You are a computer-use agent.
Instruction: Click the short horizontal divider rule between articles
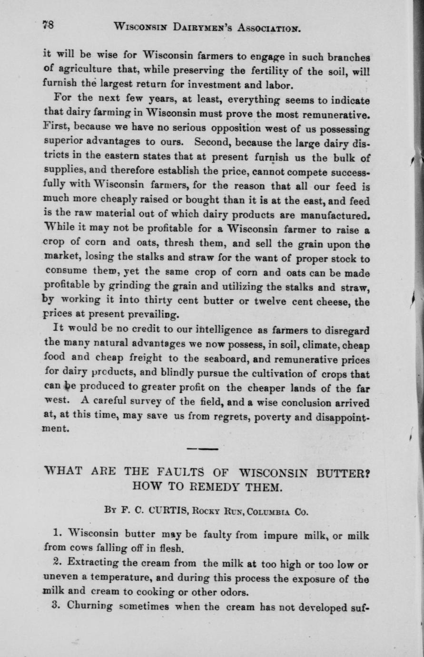point(202,449)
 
